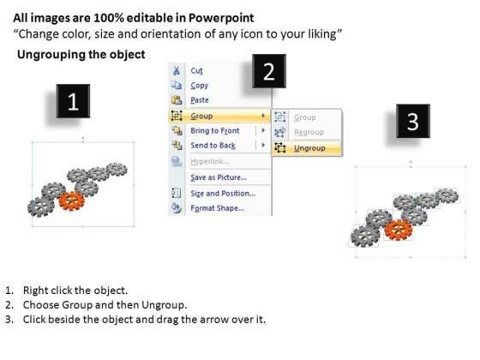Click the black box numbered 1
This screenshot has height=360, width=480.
point(73,101)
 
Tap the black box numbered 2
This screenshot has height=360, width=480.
point(269,71)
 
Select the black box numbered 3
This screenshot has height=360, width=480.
point(413,121)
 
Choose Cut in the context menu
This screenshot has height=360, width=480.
point(196,70)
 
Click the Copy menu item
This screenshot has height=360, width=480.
point(199,86)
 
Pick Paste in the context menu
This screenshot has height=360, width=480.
point(200,100)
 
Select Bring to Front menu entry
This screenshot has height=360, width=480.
point(215,130)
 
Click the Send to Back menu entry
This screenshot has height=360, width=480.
point(213,146)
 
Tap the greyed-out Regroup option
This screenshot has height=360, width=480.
point(309,132)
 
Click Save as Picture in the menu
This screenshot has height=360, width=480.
point(219,177)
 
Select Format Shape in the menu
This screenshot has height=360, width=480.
point(218,208)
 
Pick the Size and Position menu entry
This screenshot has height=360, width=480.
point(223,194)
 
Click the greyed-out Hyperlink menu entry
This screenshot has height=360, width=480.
point(210,161)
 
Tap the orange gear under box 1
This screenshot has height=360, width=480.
point(72,201)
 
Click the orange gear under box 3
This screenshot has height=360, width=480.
point(399,230)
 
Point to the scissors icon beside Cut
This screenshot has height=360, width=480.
point(177,70)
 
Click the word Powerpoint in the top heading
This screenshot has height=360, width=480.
point(221,18)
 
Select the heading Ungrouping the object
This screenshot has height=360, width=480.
point(81,55)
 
